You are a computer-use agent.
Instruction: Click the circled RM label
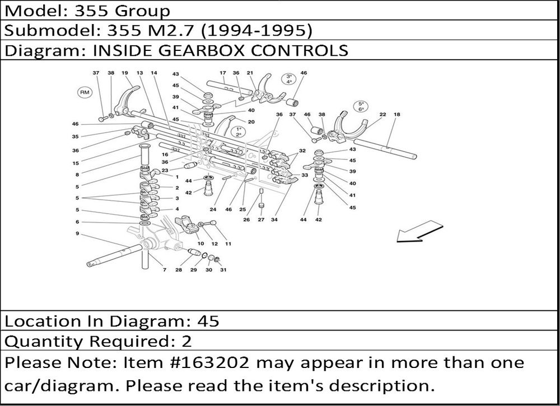click(85, 93)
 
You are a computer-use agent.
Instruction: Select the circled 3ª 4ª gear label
click(288, 79)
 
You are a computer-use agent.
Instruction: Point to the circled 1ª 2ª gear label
click(239, 131)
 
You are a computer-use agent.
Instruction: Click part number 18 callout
click(397, 115)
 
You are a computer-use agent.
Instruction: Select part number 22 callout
click(382, 115)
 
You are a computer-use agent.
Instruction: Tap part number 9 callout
click(77, 234)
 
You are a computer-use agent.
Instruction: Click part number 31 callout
click(223, 270)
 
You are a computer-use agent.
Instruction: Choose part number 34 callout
click(274, 220)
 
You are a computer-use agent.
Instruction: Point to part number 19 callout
click(125, 73)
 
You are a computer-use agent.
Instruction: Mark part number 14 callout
click(154, 73)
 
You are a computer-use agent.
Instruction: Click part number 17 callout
click(222, 73)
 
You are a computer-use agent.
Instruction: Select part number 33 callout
click(305, 175)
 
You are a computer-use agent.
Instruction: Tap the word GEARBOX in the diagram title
click(201, 50)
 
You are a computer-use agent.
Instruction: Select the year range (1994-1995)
click(256, 30)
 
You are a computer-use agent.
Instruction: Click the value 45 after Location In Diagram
click(208, 321)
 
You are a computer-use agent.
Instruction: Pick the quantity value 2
click(187, 342)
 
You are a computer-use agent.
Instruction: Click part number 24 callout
click(213, 209)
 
